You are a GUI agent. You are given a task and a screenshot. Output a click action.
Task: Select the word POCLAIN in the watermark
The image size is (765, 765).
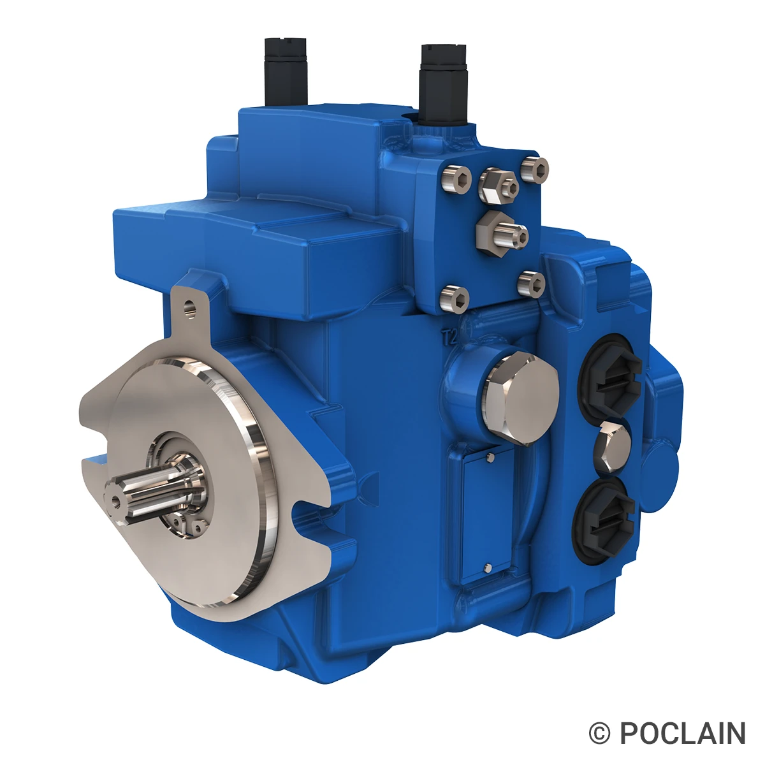point(682,733)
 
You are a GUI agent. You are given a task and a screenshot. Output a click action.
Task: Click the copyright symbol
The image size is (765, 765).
point(600,734)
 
